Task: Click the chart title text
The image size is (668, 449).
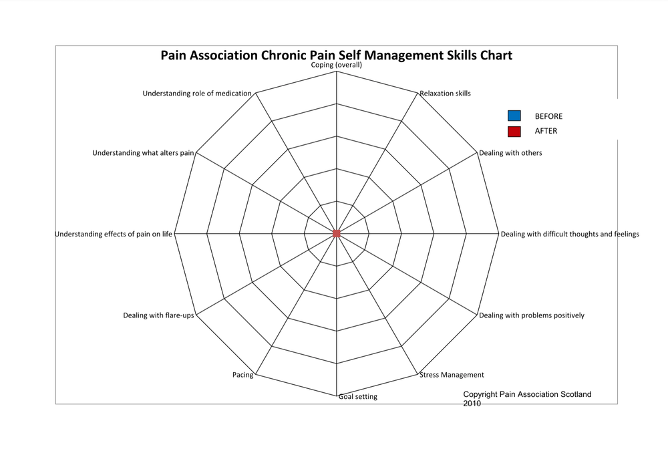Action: pyautogui.click(x=336, y=55)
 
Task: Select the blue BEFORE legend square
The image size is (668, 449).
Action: pyautogui.click(x=514, y=116)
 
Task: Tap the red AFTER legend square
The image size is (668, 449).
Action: pyautogui.click(x=514, y=131)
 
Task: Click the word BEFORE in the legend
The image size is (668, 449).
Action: pyautogui.click(x=548, y=116)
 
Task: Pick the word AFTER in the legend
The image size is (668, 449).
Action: pyautogui.click(x=546, y=131)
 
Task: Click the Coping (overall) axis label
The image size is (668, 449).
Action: pyautogui.click(x=337, y=65)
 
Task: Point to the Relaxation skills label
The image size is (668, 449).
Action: pyautogui.click(x=445, y=94)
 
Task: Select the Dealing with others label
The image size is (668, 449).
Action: pyautogui.click(x=510, y=153)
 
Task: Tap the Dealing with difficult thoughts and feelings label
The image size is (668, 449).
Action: pyautogui.click(x=570, y=234)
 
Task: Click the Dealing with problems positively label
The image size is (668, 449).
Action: pyautogui.click(x=531, y=315)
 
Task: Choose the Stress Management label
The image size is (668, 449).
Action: pyautogui.click(x=452, y=375)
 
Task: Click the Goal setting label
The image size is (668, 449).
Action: pyautogui.click(x=357, y=397)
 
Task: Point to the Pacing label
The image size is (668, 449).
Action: pyautogui.click(x=243, y=375)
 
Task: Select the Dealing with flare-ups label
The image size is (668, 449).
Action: pyautogui.click(x=158, y=315)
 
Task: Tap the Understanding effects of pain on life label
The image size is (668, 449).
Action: pyautogui.click(x=114, y=234)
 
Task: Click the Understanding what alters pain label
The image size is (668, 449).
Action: pyautogui.click(x=143, y=153)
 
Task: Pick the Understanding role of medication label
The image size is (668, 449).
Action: pyautogui.click(x=197, y=94)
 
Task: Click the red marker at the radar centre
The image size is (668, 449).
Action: pyautogui.click(x=337, y=233)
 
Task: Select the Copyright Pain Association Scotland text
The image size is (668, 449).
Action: pyautogui.click(x=527, y=395)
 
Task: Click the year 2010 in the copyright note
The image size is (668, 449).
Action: pyautogui.click(x=472, y=404)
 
